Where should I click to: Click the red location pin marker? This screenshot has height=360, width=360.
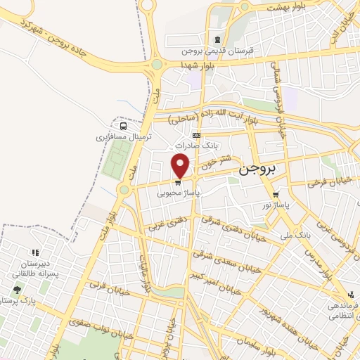pyautogui.click(x=181, y=165)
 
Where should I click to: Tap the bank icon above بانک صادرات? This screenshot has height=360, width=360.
pyautogui.click(x=195, y=134)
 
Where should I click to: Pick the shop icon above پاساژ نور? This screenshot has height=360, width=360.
pyautogui.click(x=276, y=196)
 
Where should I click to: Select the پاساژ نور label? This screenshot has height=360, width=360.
pyautogui.click(x=276, y=206)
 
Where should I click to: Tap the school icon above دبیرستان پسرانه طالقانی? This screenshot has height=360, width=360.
pyautogui.click(x=34, y=252)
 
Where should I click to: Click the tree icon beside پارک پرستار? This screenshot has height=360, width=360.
pyautogui.click(x=16, y=289)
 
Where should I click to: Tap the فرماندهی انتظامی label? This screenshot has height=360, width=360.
pyautogui.click(x=342, y=310)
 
